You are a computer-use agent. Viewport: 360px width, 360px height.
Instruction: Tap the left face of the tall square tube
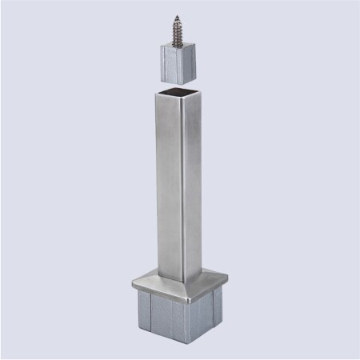click(x=161, y=184)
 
